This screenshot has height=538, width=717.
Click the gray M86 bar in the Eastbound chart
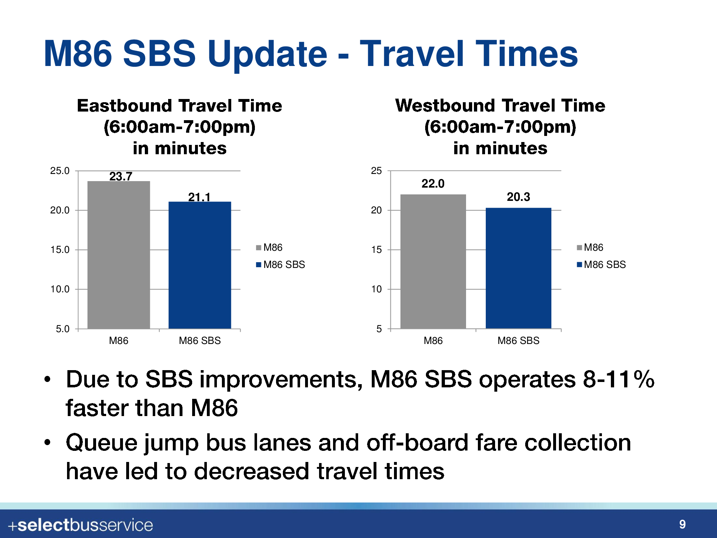[x=119, y=255]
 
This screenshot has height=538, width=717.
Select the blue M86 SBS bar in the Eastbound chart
[x=200, y=265]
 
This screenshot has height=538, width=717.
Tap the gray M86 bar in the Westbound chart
[x=433, y=261]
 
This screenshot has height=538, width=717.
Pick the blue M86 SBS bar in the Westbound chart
[x=518, y=268]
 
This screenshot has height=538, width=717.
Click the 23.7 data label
[x=121, y=176]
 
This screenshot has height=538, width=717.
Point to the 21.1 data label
[x=199, y=197]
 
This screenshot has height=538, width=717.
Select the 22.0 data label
[x=433, y=184]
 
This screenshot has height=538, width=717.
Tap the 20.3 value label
[x=518, y=197]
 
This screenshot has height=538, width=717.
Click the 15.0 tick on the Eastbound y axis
[x=60, y=250]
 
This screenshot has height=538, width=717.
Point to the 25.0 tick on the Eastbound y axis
[x=60, y=171]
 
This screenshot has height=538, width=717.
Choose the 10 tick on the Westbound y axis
[x=376, y=289]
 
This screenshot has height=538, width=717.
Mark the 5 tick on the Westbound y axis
[x=379, y=329]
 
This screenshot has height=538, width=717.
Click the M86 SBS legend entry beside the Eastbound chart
[x=280, y=265]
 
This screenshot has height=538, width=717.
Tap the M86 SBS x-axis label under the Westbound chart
[x=518, y=341]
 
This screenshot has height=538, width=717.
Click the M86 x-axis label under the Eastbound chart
[x=119, y=341]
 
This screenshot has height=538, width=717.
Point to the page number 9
[x=683, y=524]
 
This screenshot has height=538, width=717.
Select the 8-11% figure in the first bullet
[x=619, y=379]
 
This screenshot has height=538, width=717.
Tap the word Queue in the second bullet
[x=101, y=443]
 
